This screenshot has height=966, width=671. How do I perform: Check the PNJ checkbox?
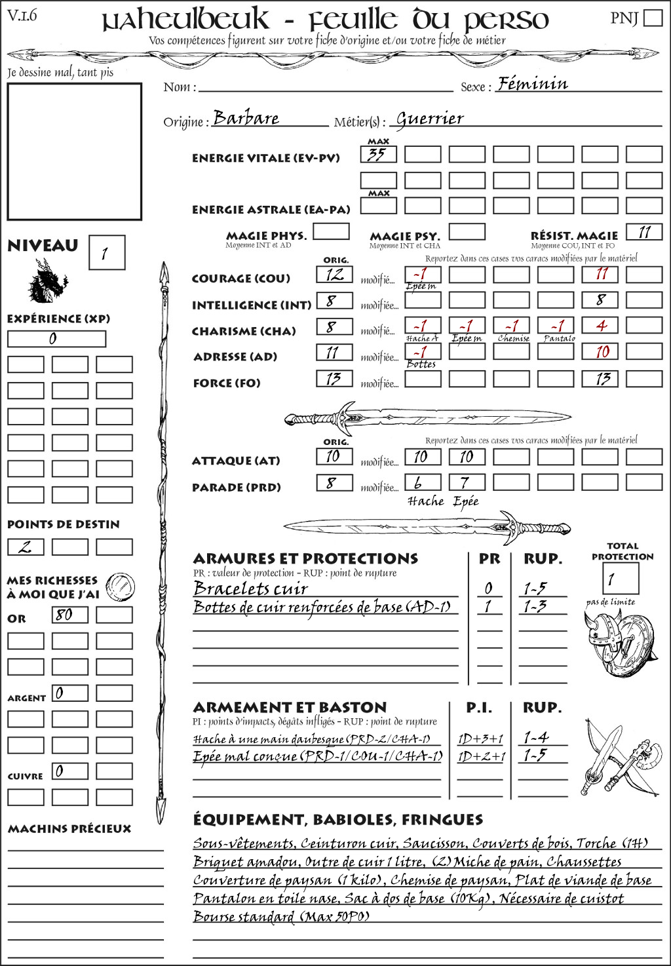pos(653,18)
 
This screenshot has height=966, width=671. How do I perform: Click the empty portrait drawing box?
pos(74,151)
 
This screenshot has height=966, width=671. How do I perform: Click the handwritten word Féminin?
pos(532,84)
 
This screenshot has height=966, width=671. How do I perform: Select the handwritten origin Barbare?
pos(246,119)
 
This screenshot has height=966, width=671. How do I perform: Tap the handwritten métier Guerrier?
pos(430,119)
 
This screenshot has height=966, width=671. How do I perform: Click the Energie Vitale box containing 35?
pos(378,155)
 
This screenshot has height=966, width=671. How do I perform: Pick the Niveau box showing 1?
pos(106,253)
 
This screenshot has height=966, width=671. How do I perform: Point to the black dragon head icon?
pos(47,281)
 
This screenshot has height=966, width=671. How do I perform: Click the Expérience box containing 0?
pos(56,339)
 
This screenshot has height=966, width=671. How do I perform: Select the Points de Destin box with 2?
pos(26,547)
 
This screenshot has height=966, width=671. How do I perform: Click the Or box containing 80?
pos(70,615)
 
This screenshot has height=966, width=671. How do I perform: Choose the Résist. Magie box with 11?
pos(644,232)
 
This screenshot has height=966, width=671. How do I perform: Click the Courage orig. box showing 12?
pos(335,275)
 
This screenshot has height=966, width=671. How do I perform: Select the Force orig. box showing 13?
pos(335,379)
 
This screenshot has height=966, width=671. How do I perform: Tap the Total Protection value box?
pos(620,579)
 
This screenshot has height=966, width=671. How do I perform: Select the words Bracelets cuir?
pos(251,588)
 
